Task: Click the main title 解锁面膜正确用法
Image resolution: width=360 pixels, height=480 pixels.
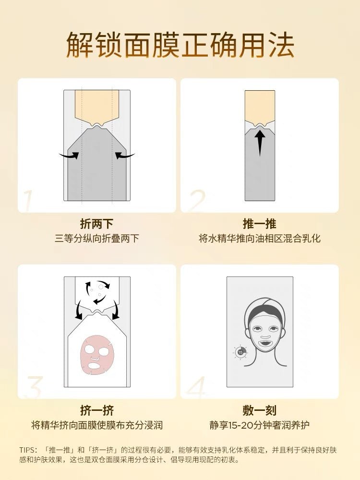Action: pos(180,45)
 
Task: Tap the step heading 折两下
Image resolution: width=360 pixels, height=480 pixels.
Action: pos(97,224)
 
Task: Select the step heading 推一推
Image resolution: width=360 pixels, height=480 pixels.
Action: pos(260,224)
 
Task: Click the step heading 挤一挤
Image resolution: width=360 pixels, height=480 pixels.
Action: pos(97,410)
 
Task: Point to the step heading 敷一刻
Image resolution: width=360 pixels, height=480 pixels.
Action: pos(260,410)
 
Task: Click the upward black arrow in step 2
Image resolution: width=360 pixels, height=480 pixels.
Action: pos(260,143)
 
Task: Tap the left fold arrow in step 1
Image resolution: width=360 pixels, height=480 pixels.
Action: pos(69,156)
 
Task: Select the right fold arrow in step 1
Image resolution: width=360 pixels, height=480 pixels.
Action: pos(125,156)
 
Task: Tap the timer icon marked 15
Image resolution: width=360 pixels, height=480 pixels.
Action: pos(240,352)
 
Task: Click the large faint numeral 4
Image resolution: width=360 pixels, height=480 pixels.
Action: pos(196,387)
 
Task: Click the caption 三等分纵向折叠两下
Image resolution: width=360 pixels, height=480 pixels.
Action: pos(97,239)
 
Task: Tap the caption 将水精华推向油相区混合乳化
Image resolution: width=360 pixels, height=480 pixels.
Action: pos(260,239)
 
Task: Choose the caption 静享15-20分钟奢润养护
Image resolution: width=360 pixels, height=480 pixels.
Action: pos(260,425)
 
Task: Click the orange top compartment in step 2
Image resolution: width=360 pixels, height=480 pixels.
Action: pos(260,107)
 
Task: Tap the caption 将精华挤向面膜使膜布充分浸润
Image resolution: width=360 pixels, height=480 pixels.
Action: pos(97,425)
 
